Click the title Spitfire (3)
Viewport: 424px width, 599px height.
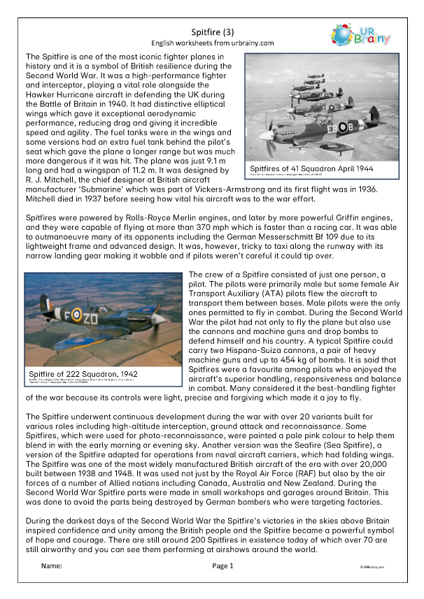211,31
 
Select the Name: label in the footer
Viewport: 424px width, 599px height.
52,565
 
